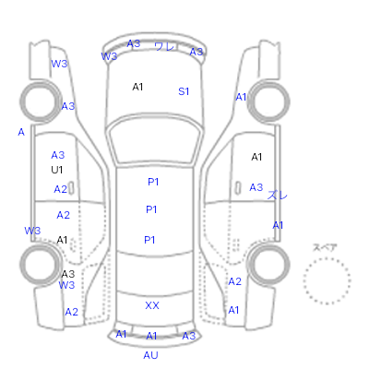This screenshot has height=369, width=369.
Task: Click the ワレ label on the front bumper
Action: pos(165,46)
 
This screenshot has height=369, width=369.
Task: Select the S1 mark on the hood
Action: pos(184,91)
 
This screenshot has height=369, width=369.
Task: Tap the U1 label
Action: pos(57,170)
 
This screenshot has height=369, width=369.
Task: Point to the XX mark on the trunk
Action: pos(152,305)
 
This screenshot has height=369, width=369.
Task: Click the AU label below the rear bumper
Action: pos(150,355)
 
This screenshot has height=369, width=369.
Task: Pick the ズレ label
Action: pos(278,195)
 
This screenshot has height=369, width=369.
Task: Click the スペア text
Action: pos(325,247)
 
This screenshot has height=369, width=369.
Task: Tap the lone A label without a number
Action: pos(21,132)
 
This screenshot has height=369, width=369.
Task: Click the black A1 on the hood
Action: pos(137,87)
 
